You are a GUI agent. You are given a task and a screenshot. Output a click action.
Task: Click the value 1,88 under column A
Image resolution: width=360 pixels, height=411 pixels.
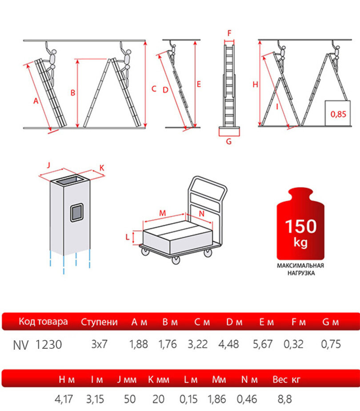(139, 344)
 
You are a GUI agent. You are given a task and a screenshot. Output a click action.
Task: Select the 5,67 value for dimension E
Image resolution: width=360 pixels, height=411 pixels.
(263, 344)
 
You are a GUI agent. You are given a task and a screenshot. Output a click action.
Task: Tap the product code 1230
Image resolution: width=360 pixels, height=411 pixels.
(48, 345)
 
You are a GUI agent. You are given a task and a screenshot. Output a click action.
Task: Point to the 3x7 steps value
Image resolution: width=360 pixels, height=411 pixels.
(100, 344)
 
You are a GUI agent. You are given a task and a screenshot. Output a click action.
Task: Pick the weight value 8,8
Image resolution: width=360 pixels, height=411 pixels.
(284, 399)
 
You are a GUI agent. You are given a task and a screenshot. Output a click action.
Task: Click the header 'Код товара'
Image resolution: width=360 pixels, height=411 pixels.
(43, 321)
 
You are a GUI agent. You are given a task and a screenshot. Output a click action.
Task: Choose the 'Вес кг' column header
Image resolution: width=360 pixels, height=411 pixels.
(286, 379)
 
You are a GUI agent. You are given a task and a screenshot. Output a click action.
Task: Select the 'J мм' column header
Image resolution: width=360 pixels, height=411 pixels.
(127, 379)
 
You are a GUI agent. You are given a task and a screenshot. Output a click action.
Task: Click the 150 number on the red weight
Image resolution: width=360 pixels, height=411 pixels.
(301, 226)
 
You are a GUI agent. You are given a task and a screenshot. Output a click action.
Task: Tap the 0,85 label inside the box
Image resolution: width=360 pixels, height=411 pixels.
(338, 114)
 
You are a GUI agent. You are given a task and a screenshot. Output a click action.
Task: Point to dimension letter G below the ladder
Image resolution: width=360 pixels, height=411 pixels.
(229, 142)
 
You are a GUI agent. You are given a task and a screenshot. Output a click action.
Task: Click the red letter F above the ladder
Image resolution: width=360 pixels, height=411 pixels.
(229, 33)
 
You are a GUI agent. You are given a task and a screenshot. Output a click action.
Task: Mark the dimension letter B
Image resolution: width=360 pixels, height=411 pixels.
(73, 93)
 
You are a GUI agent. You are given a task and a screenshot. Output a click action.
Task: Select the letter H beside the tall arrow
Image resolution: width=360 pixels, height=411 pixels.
(255, 84)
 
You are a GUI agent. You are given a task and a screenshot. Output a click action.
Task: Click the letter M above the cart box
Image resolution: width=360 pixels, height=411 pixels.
(163, 213)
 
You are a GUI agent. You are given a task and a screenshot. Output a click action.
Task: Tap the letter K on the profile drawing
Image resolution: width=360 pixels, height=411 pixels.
(102, 168)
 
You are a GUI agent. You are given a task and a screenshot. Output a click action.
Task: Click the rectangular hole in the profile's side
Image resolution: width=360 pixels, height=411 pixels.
(76, 212)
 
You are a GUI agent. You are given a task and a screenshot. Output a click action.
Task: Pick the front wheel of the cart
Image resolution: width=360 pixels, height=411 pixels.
(176, 260)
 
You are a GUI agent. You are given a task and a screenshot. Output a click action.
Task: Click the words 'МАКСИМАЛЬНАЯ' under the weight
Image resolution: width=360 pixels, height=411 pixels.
(300, 266)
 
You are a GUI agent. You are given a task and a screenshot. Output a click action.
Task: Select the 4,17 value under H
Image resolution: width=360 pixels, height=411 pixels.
(64, 399)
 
